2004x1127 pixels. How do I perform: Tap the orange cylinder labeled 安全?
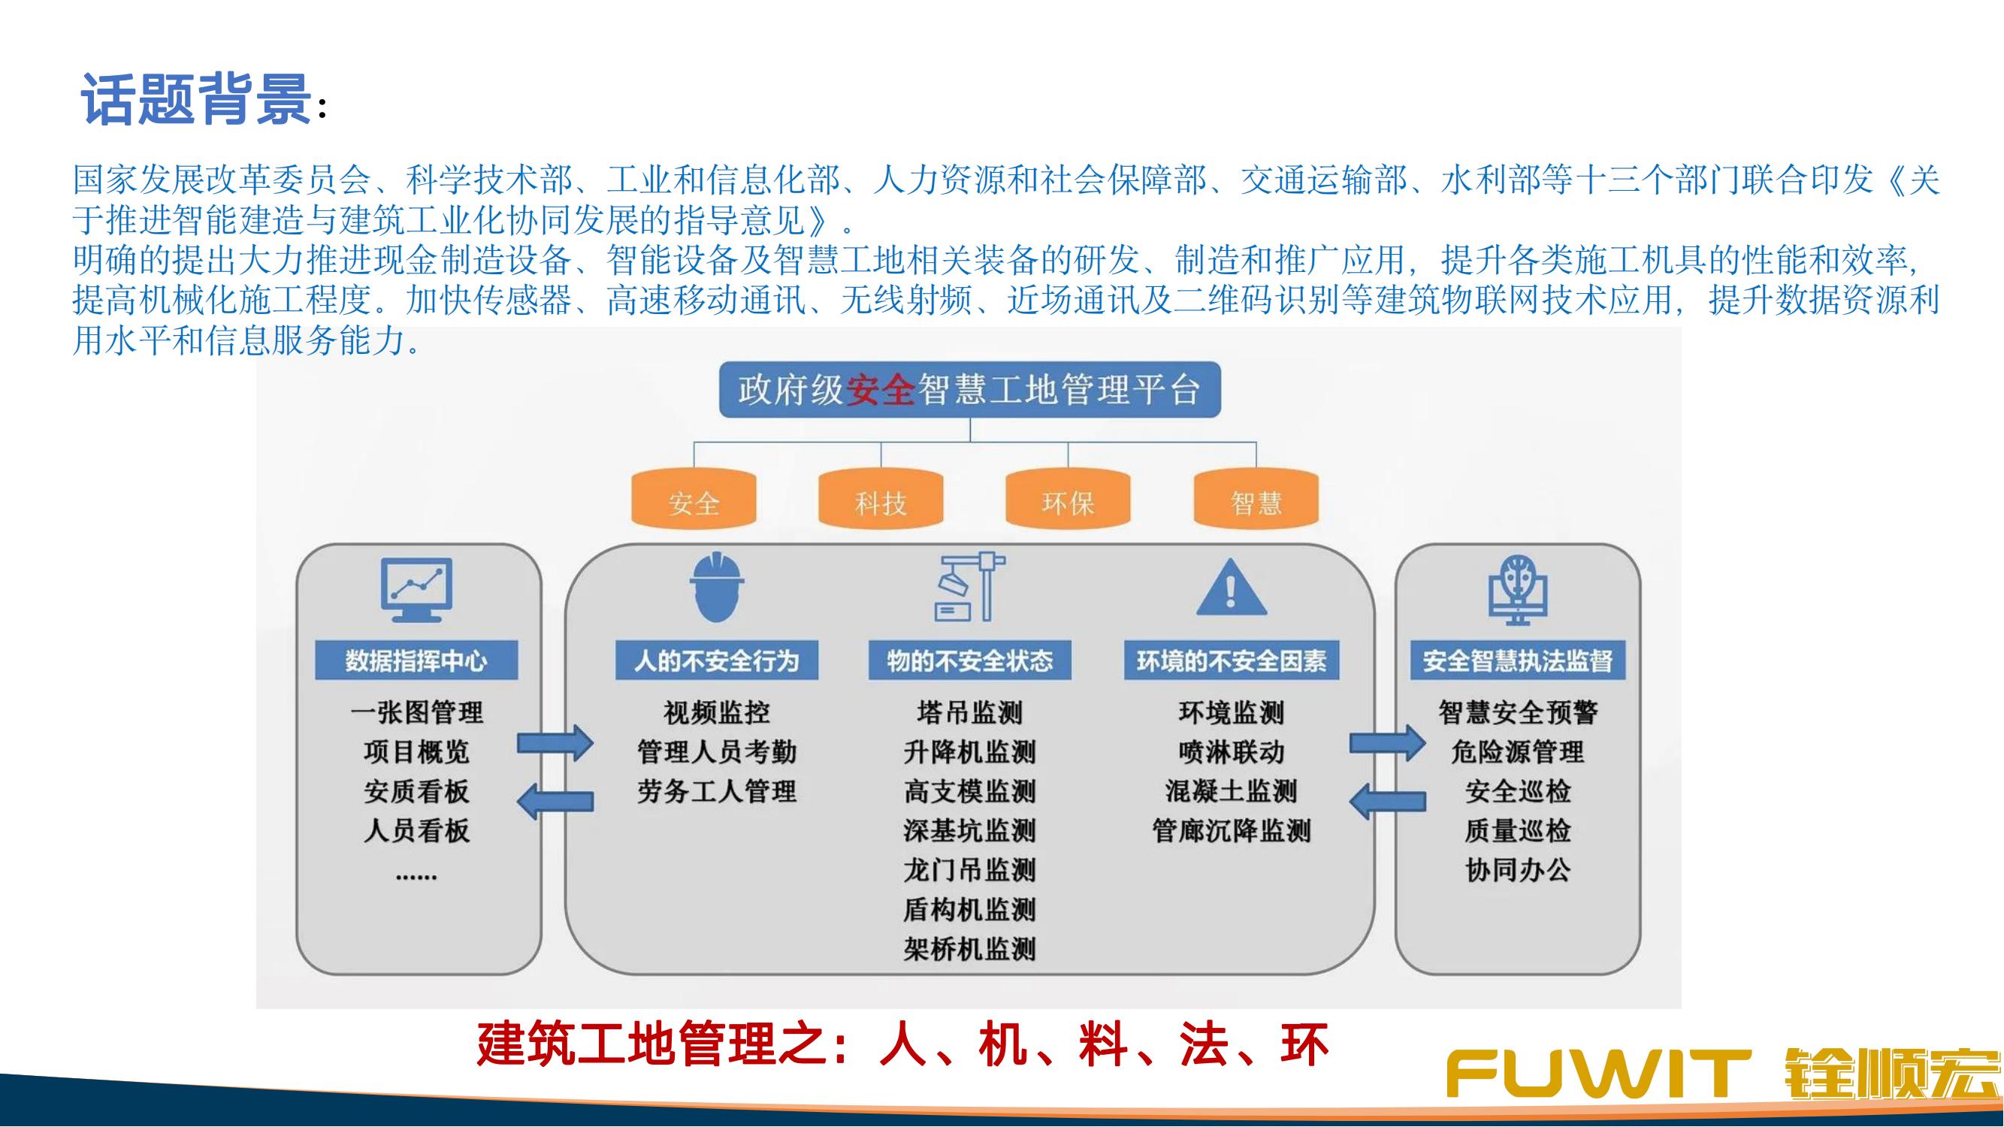(x=694, y=499)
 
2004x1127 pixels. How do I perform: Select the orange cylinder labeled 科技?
(x=881, y=499)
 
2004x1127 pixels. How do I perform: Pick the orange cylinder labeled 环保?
(x=1068, y=499)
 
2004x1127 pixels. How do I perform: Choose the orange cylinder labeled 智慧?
(x=1256, y=499)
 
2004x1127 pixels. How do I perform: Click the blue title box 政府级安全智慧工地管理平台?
(x=969, y=390)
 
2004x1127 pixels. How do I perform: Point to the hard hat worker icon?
(x=717, y=588)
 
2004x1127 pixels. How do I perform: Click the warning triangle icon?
(x=1231, y=588)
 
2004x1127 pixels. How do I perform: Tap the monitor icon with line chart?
(x=416, y=590)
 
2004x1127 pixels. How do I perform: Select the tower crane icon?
(x=970, y=587)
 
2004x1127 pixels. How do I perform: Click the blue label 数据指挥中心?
(x=416, y=660)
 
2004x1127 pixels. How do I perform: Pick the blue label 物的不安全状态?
(x=970, y=660)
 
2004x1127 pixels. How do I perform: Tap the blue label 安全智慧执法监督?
(x=1518, y=660)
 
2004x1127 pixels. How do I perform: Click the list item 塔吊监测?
(x=970, y=712)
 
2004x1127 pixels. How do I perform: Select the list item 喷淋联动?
(x=1232, y=751)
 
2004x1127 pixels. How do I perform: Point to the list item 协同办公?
(x=1518, y=869)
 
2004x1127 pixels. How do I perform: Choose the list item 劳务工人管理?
(x=717, y=791)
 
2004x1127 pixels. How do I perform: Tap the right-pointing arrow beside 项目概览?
(x=555, y=744)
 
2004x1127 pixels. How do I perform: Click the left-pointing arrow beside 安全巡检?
(x=1388, y=800)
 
